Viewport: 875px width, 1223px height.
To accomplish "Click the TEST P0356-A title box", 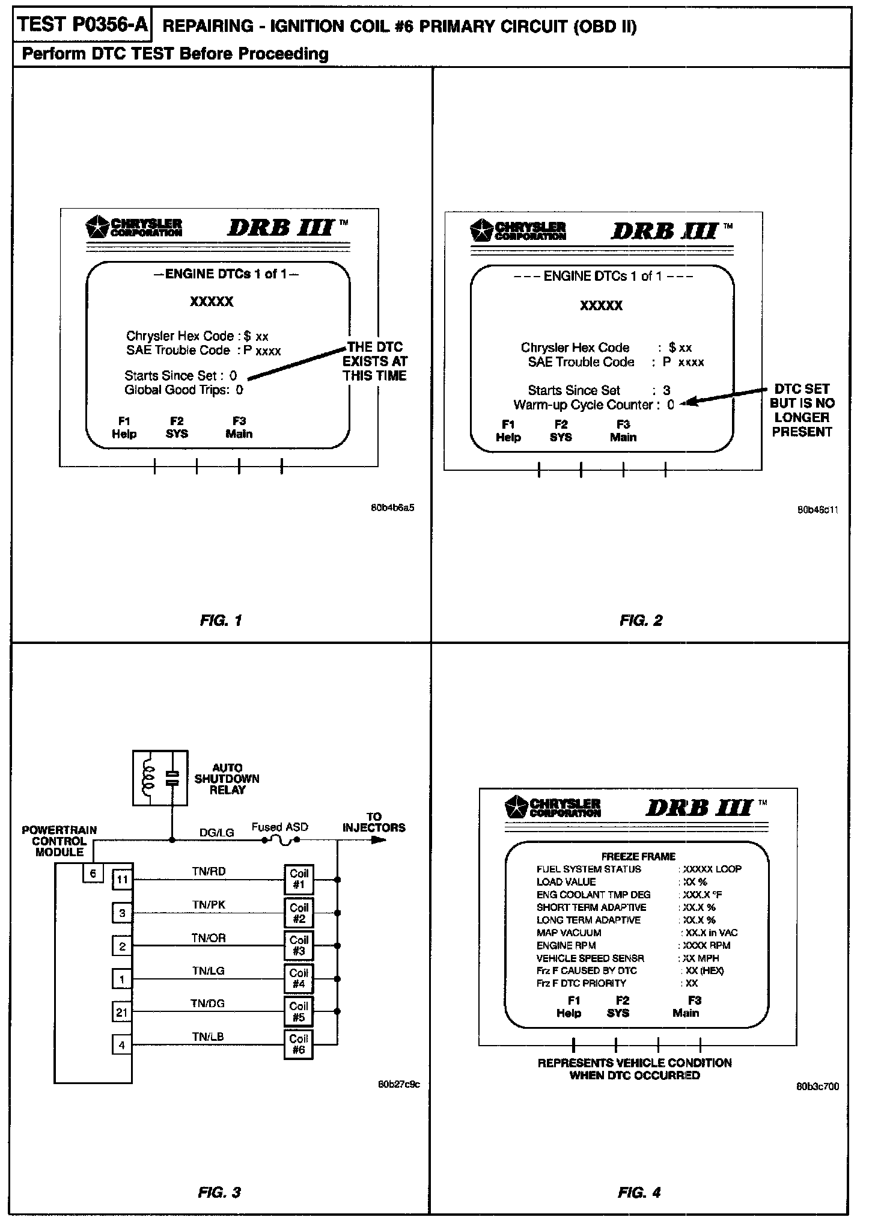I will coord(82,25).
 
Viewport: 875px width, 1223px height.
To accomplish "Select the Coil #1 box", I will coord(299,879).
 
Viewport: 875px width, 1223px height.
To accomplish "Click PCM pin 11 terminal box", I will coord(122,880).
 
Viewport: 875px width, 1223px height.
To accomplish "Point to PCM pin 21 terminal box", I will coord(122,1013).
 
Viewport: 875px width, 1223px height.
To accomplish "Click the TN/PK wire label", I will coord(209,905).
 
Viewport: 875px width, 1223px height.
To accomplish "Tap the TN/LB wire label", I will coord(208,1037).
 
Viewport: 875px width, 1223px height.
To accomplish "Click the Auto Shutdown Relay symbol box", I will coord(160,777).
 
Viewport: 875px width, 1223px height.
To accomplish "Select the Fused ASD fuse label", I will coord(279,827).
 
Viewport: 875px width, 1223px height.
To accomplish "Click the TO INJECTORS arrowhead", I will coord(378,839).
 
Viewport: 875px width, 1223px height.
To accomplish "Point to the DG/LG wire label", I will coord(216,832).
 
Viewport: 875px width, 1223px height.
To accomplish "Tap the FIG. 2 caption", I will coord(641,621).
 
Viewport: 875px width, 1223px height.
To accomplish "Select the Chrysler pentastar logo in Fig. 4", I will coord(516,808).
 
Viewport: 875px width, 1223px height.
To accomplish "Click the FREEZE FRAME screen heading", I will coord(638,856).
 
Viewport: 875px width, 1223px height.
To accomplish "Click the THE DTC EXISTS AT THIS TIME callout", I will coord(375,361).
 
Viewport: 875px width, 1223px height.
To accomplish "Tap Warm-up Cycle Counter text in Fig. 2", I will coord(582,405).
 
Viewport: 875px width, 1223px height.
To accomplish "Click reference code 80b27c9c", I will coord(398,1084).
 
